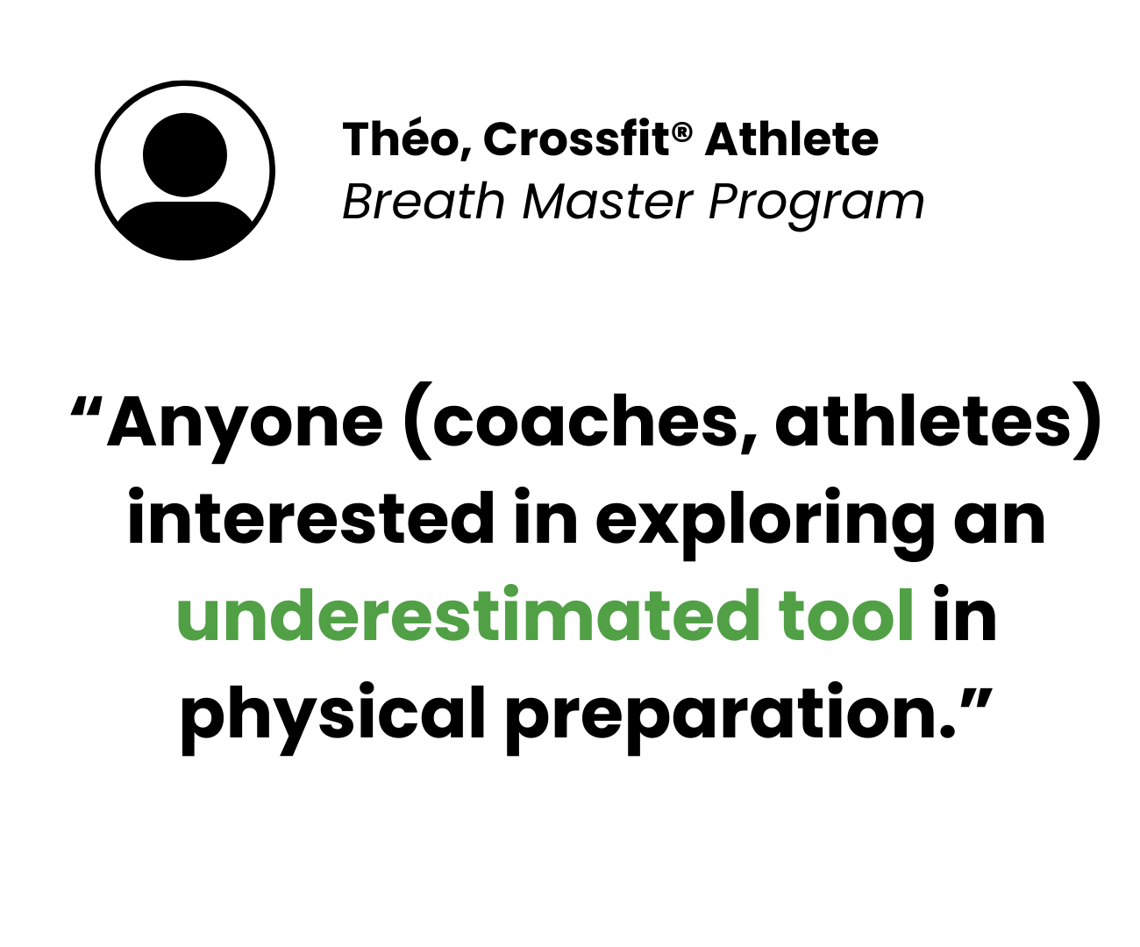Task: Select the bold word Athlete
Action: (791, 139)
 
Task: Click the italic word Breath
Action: (424, 202)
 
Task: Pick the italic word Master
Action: (608, 202)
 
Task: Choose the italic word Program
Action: (816, 205)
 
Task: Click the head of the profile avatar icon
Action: (185, 154)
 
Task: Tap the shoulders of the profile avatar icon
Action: (185, 229)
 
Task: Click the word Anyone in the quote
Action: (246, 427)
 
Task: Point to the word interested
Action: (310, 516)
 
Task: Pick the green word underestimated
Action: (469, 613)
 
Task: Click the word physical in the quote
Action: (332, 718)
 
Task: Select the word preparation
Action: (730, 718)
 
